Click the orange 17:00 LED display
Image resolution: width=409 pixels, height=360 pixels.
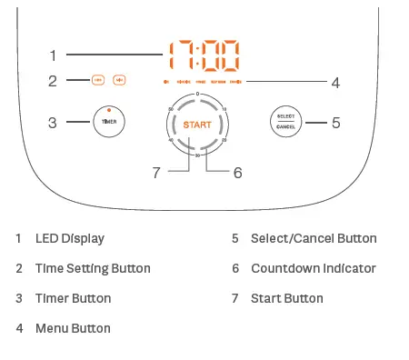point(204,56)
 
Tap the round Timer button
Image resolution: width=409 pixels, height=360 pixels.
point(108,121)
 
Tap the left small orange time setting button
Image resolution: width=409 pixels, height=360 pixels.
point(97,81)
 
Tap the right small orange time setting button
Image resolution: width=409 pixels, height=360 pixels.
point(120,81)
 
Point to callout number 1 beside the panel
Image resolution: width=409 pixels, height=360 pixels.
point(53,54)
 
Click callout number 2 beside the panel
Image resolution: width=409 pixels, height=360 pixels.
point(53,81)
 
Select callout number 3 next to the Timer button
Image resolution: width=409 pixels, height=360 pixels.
point(53,122)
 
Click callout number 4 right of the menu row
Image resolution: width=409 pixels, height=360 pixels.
point(335,83)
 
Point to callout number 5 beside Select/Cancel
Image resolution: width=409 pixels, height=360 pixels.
point(335,122)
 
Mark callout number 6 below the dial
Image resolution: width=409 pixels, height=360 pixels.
point(237,172)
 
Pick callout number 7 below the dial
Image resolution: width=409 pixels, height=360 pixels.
point(156,172)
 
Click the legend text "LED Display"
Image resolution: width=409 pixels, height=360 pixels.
point(69,239)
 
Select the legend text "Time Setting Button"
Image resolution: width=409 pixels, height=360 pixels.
point(93,269)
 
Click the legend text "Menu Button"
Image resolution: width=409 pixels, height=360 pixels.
point(73,328)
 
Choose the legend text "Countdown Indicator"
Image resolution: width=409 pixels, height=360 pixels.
point(313,269)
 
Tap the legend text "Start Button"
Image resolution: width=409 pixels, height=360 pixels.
point(286,298)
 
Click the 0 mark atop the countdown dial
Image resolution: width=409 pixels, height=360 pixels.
point(197,95)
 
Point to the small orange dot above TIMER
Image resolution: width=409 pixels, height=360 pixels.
point(108,110)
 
